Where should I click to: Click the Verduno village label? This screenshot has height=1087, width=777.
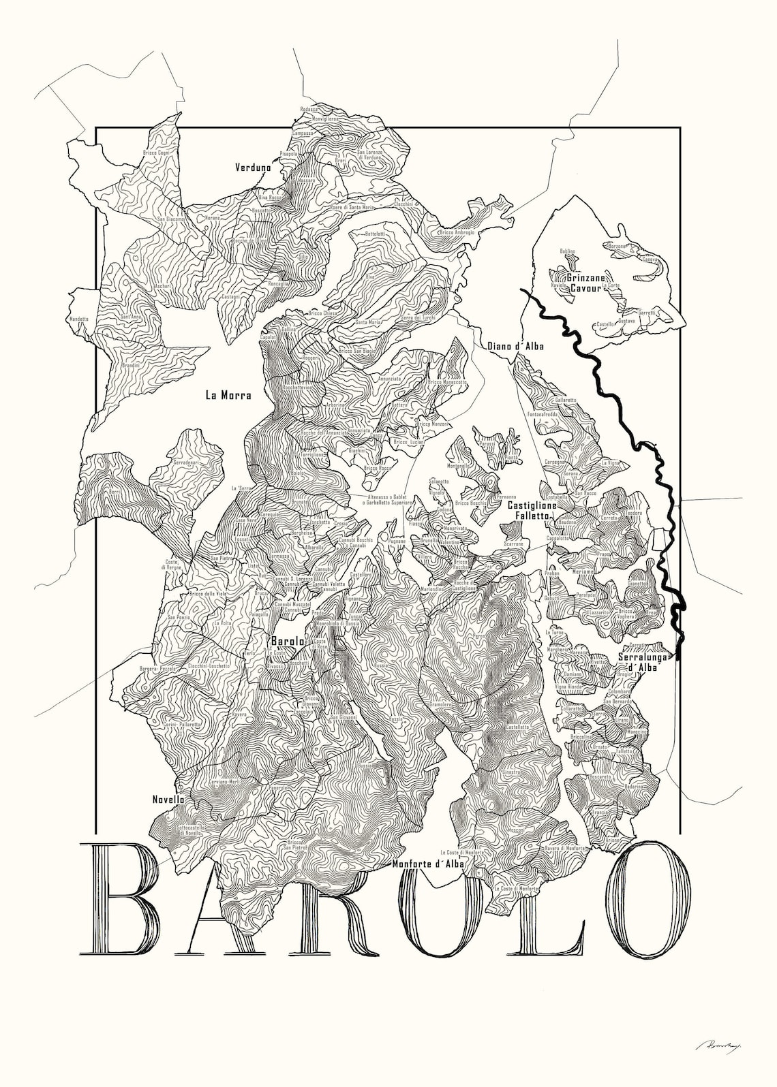point(253,167)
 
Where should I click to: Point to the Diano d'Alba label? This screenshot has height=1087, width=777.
point(515,347)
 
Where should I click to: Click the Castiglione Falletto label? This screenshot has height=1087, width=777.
point(532,511)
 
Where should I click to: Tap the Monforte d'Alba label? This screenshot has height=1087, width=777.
point(428,864)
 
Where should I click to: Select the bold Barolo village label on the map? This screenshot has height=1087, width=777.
point(288,641)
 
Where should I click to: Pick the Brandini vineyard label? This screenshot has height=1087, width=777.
point(130,366)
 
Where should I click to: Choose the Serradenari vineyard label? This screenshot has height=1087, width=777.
point(187,462)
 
